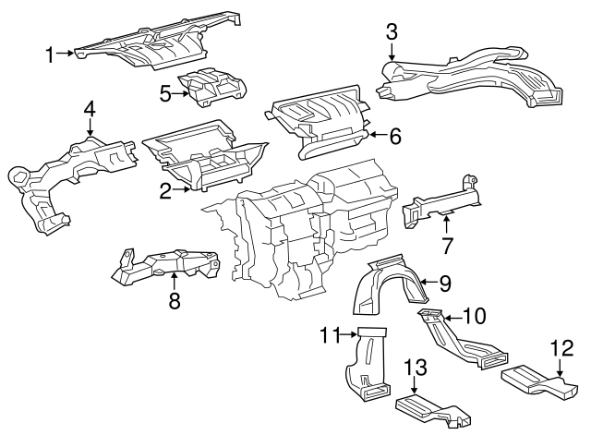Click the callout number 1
coord(50,54)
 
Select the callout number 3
coord(392,32)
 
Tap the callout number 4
coord(89,109)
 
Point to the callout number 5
coord(165,93)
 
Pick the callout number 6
coord(394,137)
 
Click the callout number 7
coord(447,246)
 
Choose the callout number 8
coord(173,300)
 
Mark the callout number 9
coord(444,283)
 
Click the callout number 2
coord(165,191)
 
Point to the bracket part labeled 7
coord(443,201)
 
